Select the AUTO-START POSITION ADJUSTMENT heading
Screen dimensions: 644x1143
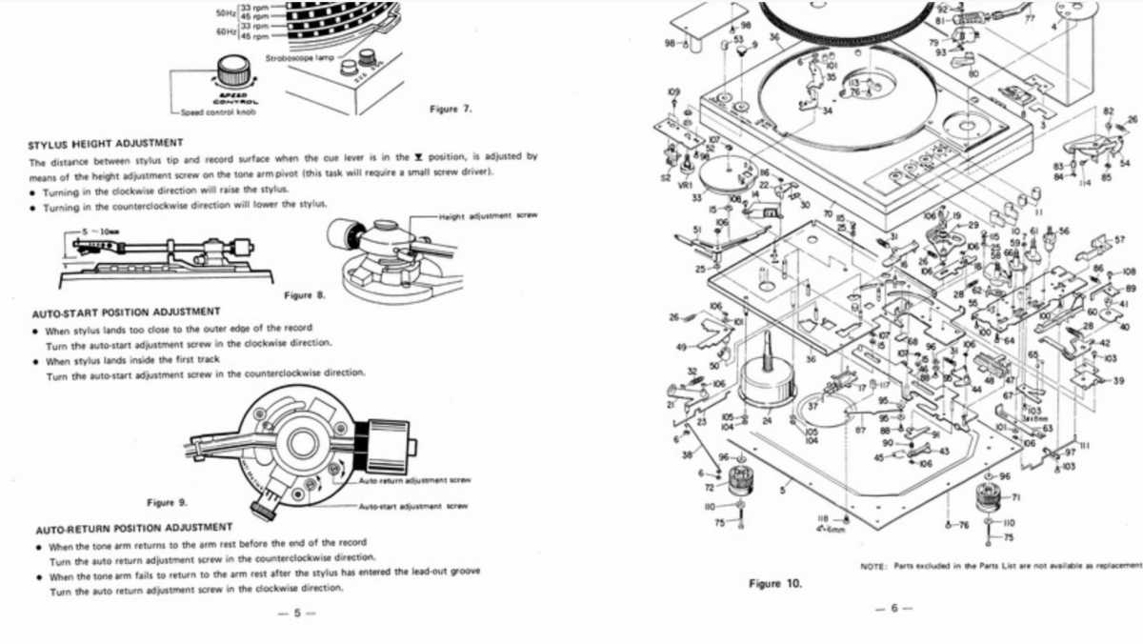pos(126,312)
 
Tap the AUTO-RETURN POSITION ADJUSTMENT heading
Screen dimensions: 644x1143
pos(133,527)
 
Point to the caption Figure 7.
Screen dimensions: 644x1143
pos(451,109)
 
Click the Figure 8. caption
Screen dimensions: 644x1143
pos(305,295)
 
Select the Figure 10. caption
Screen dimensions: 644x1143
pos(776,583)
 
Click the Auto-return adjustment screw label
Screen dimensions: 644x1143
pos(414,480)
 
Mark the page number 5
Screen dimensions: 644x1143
pos(295,614)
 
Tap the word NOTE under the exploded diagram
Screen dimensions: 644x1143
pos(872,565)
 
